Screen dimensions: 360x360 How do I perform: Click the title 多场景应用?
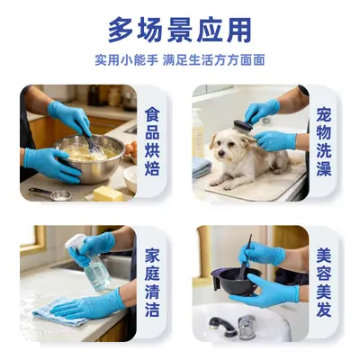click(x=179, y=31)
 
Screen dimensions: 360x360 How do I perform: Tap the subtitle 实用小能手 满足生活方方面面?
click(x=180, y=60)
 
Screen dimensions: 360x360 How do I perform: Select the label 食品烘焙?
click(x=152, y=141)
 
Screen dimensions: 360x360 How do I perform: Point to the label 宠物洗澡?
click(x=324, y=141)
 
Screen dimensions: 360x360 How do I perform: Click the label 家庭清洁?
click(x=152, y=283)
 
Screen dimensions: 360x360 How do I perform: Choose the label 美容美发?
click(x=324, y=283)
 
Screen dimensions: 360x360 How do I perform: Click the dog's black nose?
click(x=221, y=154)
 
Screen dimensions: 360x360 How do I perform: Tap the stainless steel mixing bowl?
click(x=89, y=158)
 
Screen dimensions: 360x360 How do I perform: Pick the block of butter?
click(x=108, y=193)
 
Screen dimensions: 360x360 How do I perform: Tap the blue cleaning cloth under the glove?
click(x=61, y=312)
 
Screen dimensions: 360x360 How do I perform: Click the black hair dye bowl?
click(x=236, y=281)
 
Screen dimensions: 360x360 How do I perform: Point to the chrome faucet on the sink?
click(x=247, y=327)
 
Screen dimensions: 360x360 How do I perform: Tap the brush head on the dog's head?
click(x=242, y=127)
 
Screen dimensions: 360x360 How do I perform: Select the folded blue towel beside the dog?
click(x=202, y=167)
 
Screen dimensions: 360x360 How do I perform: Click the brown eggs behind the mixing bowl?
click(x=130, y=149)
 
